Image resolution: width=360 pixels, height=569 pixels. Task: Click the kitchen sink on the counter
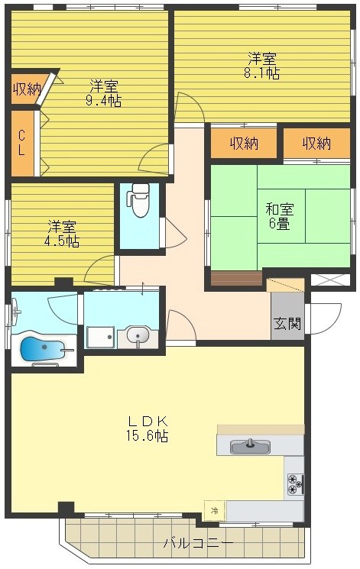[248, 446]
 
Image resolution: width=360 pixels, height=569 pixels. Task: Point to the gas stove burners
[294, 483]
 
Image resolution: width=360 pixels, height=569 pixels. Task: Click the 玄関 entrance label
[287, 323]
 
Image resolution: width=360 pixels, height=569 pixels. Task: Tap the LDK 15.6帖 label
[148, 428]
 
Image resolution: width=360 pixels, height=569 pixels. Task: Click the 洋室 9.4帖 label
[105, 92]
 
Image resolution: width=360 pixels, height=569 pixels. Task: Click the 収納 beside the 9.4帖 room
[26, 89]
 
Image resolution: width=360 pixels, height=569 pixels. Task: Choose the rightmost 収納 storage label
[316, 143]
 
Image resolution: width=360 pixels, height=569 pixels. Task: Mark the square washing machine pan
[100, 337]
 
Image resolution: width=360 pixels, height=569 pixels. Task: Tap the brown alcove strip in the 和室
[236, 278]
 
